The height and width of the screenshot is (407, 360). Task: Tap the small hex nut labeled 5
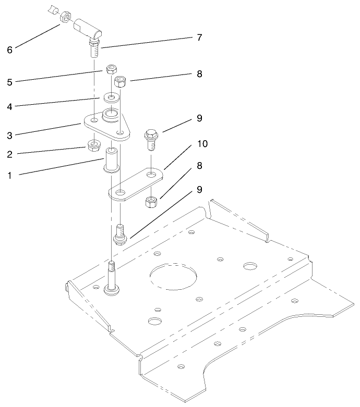point(110,69)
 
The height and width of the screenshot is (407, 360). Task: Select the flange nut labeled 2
point(94,145)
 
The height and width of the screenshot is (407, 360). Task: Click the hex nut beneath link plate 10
point(151,201)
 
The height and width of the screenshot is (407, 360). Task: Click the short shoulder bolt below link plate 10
point(120,233)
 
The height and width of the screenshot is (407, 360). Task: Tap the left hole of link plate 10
point(121,193)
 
